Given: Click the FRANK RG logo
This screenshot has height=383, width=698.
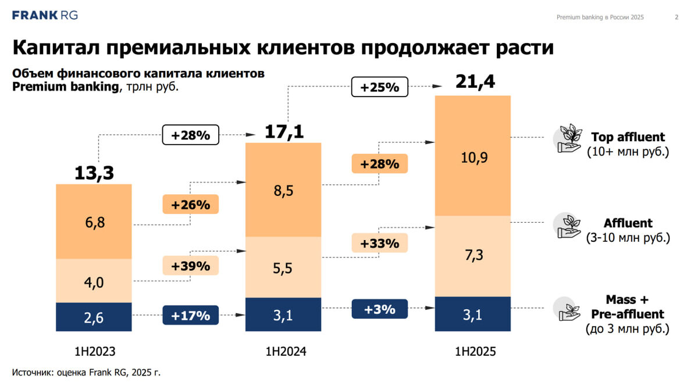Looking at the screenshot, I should [x=45, y=15].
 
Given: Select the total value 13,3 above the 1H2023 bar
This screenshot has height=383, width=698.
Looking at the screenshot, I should [x=94, y=173].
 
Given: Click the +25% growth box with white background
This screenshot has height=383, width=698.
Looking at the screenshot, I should [x=379, y=88].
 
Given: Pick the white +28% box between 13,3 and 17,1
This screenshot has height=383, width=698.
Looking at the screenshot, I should [x=190, y=135].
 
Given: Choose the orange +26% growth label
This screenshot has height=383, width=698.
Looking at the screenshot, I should [x=190, y=205].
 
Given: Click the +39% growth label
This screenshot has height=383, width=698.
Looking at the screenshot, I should [x=190, y=266].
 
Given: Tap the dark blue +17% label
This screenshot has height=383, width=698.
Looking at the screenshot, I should [x=190, y=316].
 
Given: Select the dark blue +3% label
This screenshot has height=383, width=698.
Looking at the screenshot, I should [x=379, y=309].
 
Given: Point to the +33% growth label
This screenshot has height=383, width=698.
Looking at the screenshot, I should [x=379, y=243].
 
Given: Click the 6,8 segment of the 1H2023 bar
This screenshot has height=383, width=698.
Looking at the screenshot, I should [x=94, y=221].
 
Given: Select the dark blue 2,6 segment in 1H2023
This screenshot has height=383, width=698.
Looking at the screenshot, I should [x=94, y=317].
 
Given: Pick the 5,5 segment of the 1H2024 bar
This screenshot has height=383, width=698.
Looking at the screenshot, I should [x=283, y=267].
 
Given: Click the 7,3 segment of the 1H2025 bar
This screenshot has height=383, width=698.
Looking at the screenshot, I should [x=473, y=256].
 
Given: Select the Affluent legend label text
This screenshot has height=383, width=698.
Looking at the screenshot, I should [x=628, y=223].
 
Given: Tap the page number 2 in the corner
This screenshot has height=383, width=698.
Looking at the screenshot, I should [x=676, y=17].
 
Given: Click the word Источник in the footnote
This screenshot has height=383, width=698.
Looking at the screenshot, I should [x=32, y=371].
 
